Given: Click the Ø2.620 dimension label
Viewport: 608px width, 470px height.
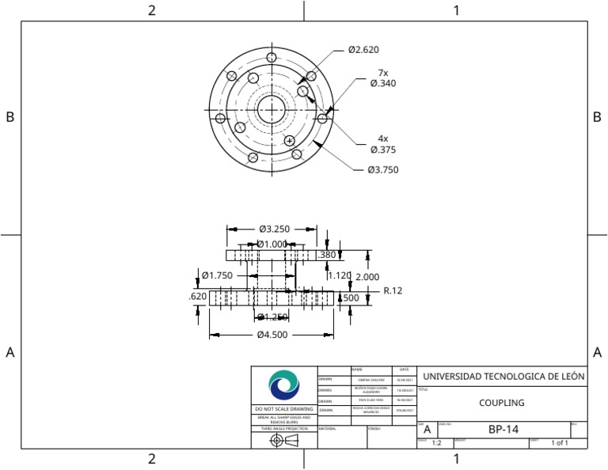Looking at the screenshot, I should coord(363,50).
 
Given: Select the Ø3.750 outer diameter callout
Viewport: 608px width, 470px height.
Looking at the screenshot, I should coord(382,170).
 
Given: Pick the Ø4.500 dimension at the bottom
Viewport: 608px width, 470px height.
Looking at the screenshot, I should coord(272,335).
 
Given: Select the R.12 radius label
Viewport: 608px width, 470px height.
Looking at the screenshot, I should coord(393,291).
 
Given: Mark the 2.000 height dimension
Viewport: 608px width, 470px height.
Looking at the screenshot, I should coord(367,277).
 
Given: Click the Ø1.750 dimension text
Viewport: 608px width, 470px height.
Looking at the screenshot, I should coord(217,275).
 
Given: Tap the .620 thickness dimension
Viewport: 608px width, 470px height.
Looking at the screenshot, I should coord(198,297).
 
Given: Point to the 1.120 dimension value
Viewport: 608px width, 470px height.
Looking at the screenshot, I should coord(339,275).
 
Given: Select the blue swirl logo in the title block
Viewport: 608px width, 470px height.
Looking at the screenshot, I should coord(284,385).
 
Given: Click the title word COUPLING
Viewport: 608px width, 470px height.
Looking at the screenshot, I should coord(502,403).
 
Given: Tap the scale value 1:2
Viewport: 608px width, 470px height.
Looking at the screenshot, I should coord(436,443).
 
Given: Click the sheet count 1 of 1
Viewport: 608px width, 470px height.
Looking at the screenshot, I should coord(560,443).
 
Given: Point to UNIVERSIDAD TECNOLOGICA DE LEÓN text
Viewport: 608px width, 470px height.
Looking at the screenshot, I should coord(503,377).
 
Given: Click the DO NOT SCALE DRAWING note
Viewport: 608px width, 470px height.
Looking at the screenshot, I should coord(284,409).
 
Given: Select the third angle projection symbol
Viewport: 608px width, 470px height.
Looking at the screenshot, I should coord(284,440).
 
